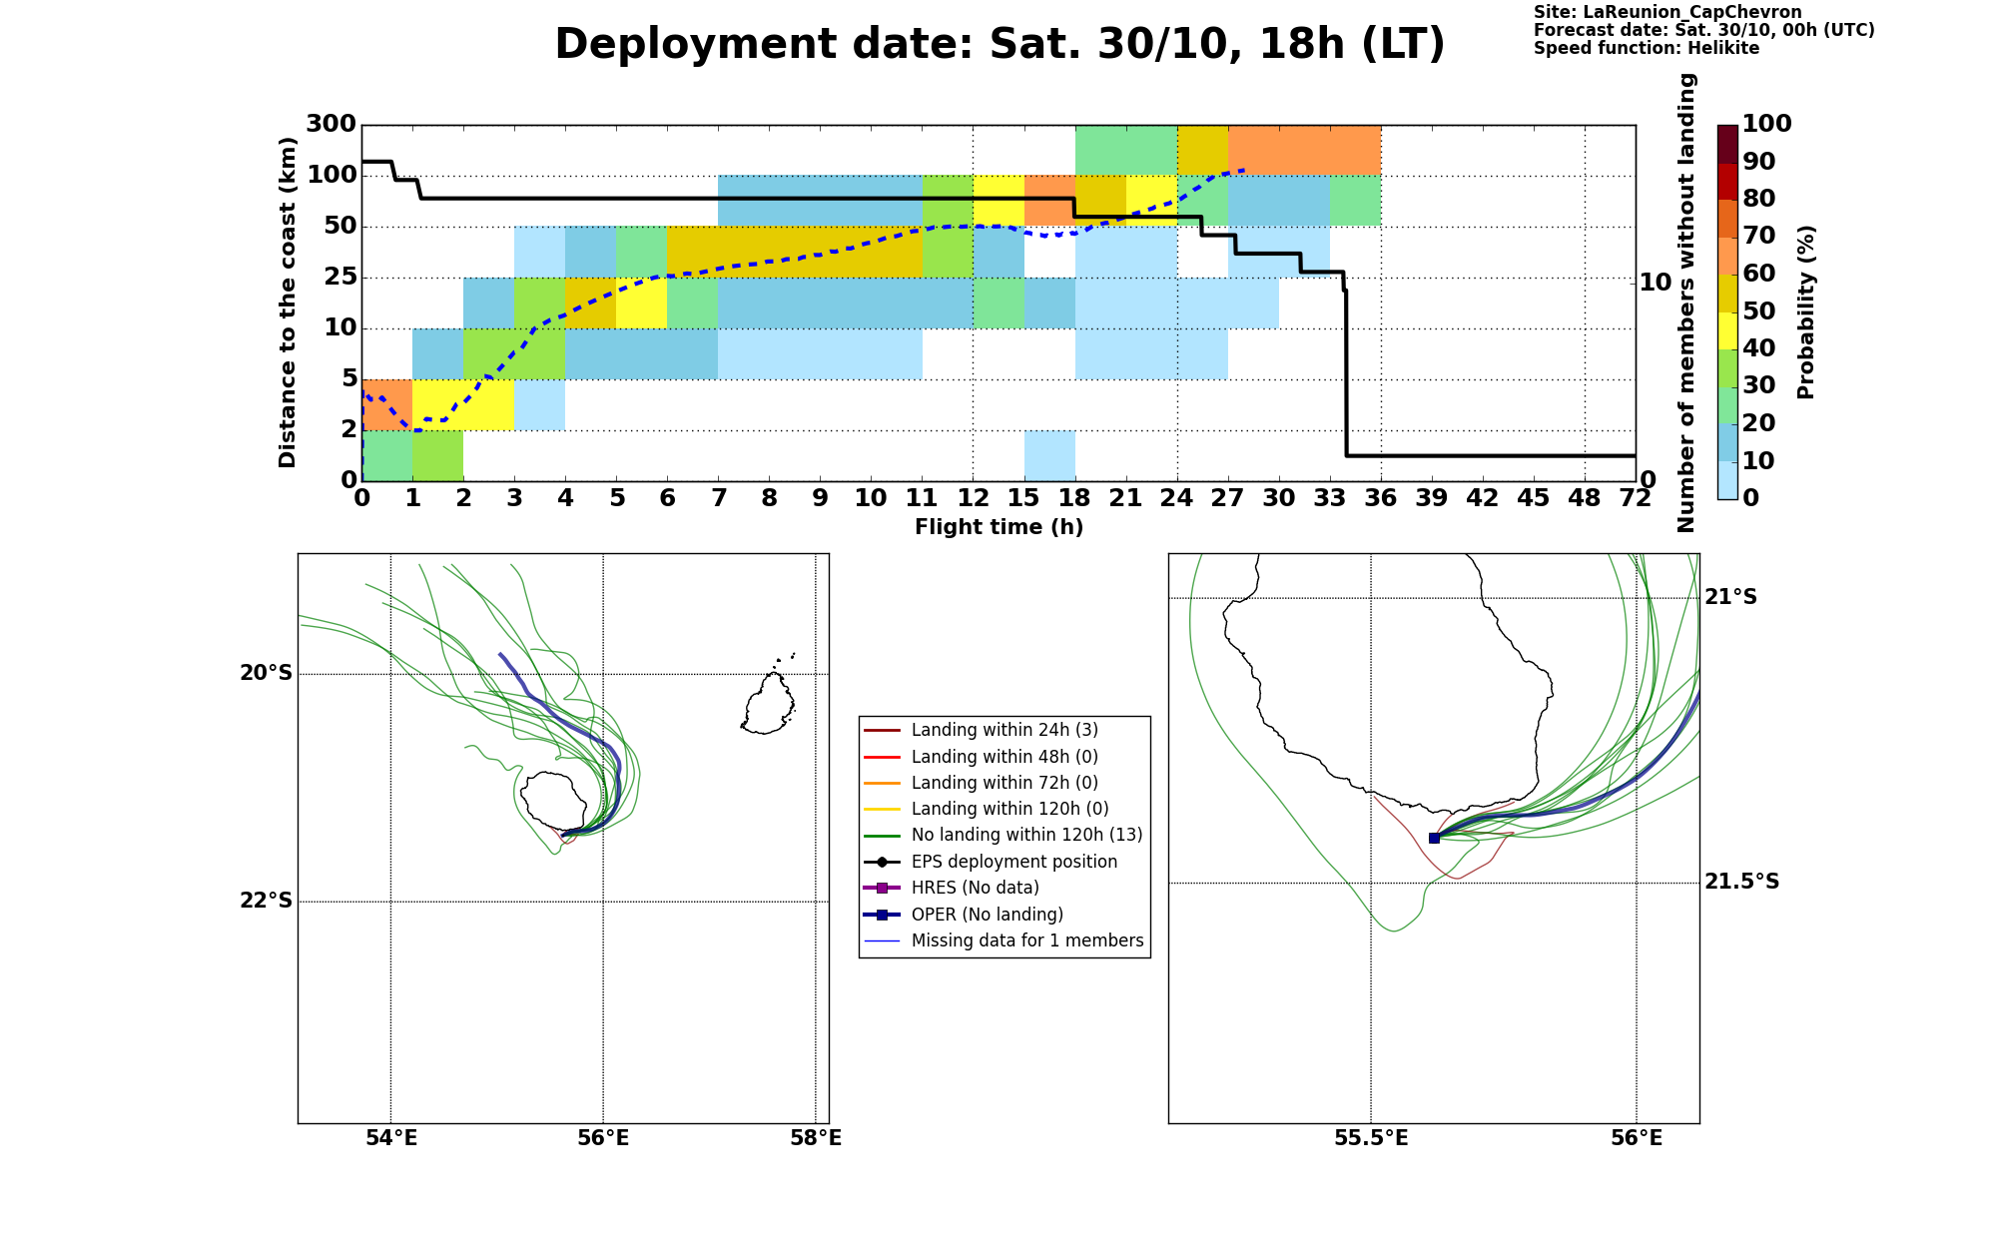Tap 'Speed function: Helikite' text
(1647, 49)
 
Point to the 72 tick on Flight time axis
(1636, 497)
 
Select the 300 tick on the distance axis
(331, 124)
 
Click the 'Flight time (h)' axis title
(998, 527)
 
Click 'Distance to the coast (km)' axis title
(289, 303)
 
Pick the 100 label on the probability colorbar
(1767, 124)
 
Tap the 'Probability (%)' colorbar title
(1806, 312)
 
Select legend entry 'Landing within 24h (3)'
(1004, 730)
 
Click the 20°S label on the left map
(267, 673)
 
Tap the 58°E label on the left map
(816, 1138)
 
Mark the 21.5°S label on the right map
(1741, 882)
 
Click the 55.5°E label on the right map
(1371, 1138)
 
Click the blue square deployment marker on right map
(1434, 838)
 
